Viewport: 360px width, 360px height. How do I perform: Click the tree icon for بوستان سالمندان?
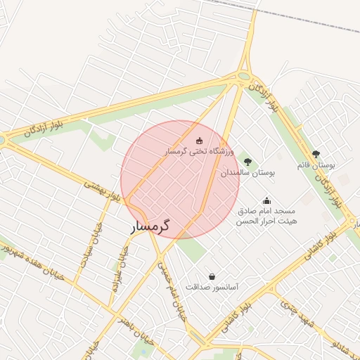point(247,161)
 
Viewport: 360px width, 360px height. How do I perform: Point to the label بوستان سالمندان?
point(247,172)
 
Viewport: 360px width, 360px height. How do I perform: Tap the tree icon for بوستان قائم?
point(316,154)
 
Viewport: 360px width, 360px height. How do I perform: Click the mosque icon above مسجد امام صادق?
point(266,200)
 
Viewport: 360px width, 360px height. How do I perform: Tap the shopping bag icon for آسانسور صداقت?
point(212,277)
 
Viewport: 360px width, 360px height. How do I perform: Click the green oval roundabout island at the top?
point(244,76)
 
